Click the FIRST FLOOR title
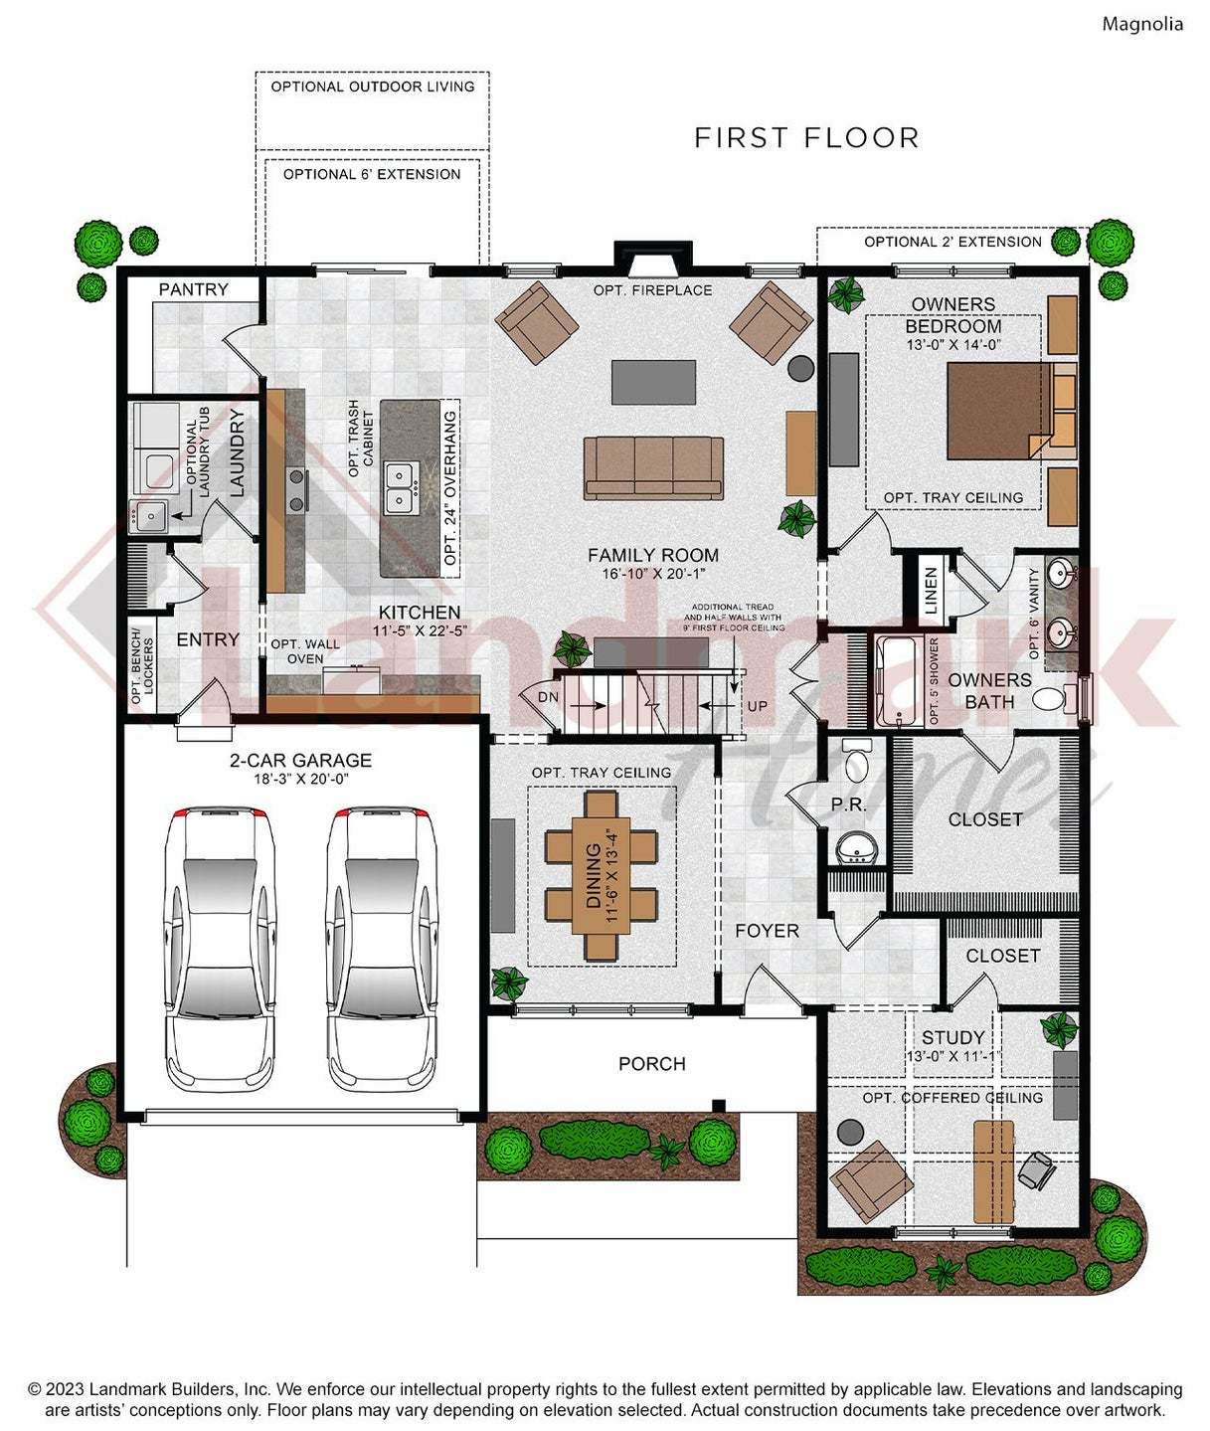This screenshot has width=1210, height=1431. click(806, 137)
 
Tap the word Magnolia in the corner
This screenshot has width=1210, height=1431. click(1141, 24)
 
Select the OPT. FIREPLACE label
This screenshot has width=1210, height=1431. click(652, 290)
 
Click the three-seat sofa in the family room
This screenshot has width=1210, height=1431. click(653, 467)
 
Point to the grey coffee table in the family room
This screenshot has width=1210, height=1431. click(653, 382)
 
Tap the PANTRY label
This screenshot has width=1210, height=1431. click(194, 289)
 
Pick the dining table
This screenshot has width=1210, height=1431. click(602, 875)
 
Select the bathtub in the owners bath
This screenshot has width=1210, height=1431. click(899, 681)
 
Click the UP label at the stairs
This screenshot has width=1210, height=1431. click(758, 706)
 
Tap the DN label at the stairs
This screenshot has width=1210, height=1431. click(548, 697)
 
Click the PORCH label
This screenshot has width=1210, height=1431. click(651, 1063)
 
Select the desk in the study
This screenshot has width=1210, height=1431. click(993, 1171)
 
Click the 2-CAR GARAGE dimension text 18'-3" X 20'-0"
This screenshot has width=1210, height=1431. click(300, 779)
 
